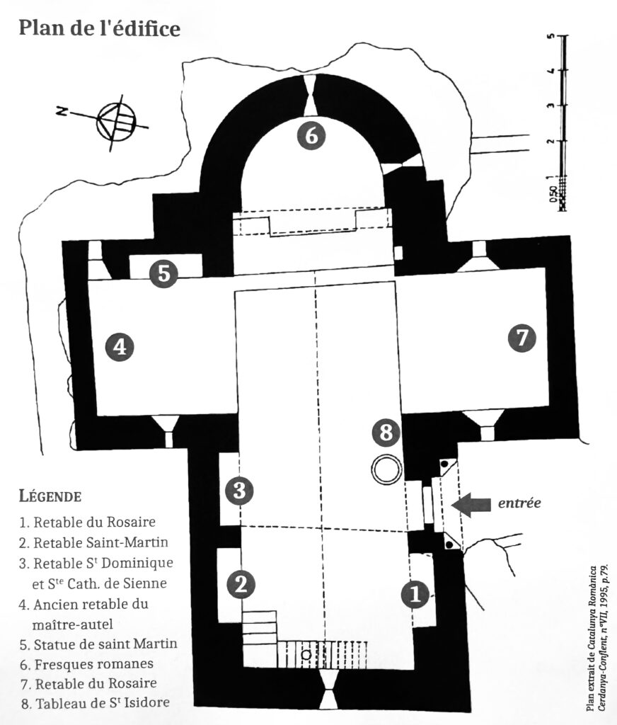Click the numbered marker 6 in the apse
tap(311, 135)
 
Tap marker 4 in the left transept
tap(120, 346)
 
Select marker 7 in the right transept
tap(522, 338)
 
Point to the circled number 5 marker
tap(164, 273)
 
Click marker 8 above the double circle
tap(386, 433)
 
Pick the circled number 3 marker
tap(239, 490)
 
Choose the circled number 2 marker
tap(241, 584)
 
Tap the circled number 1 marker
tap(415, 593)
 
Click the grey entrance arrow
tap(471, 504)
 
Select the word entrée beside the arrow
tap(519, 503)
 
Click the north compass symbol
tap(115, 122)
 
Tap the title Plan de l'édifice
tap(99, 28)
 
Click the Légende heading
tap(50, 496)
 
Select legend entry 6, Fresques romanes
tap(87, 664)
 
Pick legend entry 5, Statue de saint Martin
tap(98, 644)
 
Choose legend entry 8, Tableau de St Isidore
tap(96, 703)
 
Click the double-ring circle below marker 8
tap(387, 470)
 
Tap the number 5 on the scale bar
tap(550, 36)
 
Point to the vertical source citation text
tap(596, 638)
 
